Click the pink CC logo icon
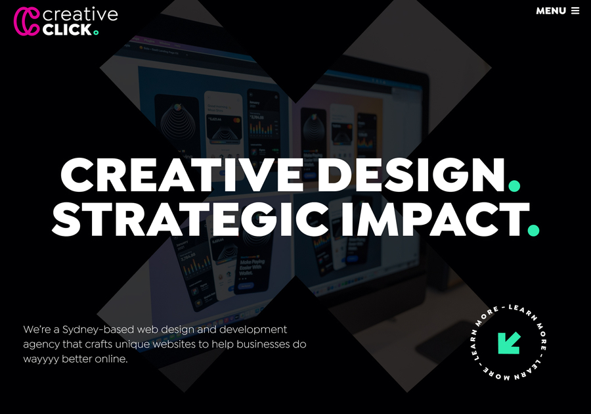26,20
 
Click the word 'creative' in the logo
79,14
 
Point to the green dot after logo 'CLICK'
96,32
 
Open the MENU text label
550,11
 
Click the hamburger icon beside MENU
575,11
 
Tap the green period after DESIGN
514,186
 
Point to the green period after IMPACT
533,229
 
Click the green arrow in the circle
509,342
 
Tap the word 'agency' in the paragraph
41,345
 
